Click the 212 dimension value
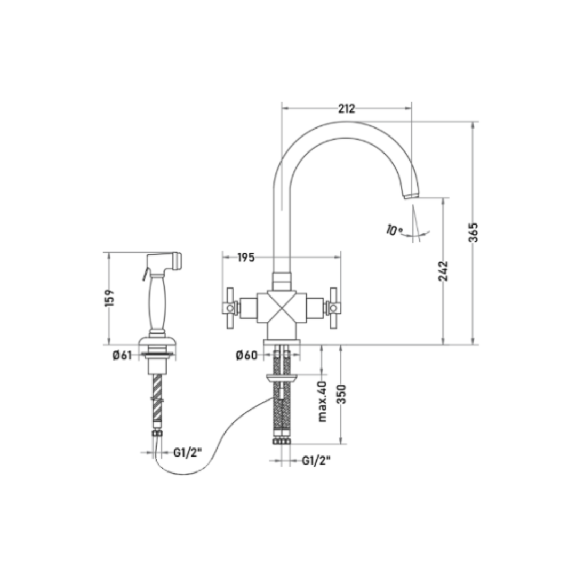(x=347, y=108)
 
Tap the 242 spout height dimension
(x=443, y=271)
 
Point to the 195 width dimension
(x=246, y=258)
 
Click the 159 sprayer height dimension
(x=109, y=298)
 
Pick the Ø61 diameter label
(x=122, y=355)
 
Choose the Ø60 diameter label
(x=246, y=355)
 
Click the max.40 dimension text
(x=322, y=401)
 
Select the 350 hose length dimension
(x=342, y=394)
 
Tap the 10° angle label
(x=394, y=230)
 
